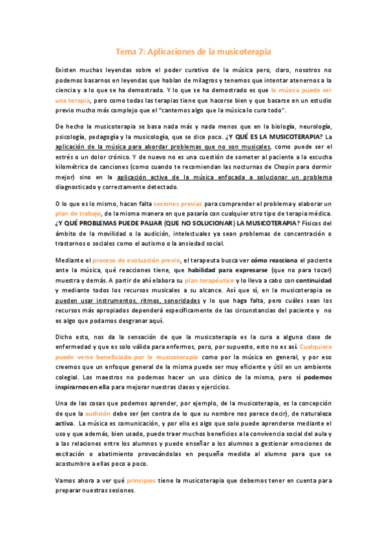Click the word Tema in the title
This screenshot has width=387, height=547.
pos(125,50)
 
